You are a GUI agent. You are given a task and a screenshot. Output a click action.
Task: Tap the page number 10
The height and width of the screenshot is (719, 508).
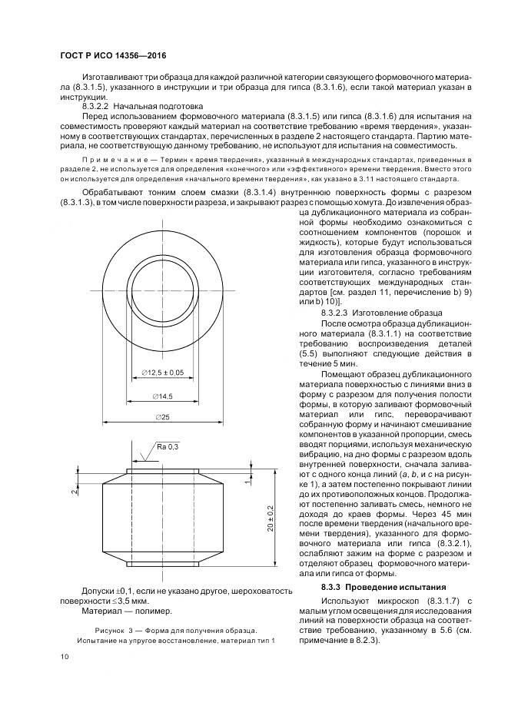(64, 656)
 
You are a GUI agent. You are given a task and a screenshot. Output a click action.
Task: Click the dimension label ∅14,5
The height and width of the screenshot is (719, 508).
(162, 396)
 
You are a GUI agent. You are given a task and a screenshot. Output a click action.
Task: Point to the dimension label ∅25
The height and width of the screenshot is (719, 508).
(162, 416)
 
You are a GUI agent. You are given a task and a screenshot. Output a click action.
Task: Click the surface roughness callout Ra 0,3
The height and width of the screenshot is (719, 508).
(167, 446)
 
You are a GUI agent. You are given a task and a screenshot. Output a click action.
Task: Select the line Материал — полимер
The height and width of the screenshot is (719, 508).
(126, 611)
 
